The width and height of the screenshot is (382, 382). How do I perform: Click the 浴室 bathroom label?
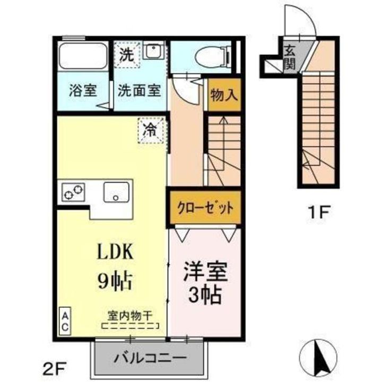coord(82,90)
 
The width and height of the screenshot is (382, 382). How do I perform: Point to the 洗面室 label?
coord(139,90)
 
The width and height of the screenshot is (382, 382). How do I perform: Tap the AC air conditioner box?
coord(64,322)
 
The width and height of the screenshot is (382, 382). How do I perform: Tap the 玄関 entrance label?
coord(290,57)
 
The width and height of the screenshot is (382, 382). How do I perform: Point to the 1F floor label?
coord(320,213)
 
